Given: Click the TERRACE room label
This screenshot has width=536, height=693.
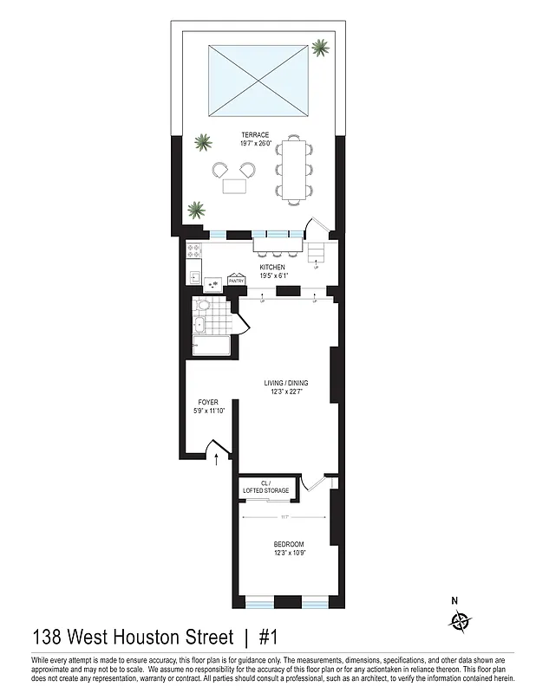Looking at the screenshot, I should pyautogui.click(x=256, y=134).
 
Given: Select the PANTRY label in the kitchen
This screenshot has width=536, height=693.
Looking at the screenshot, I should pyautogui.click(x=236, y=281).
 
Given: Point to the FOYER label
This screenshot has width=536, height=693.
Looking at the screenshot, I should pyautogui.click(x=208, y=402).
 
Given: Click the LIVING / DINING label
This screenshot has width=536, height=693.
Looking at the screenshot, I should pyautogui.click(x=286, y=382).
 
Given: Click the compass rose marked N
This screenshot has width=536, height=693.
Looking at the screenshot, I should pyautogui.click(x=460, y=620).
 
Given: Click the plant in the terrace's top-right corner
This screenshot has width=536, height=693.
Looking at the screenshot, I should pyautogui.click(x=322, y=47).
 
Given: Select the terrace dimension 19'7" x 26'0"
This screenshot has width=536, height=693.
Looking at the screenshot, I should pyautogui.click(x=256, y=143).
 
